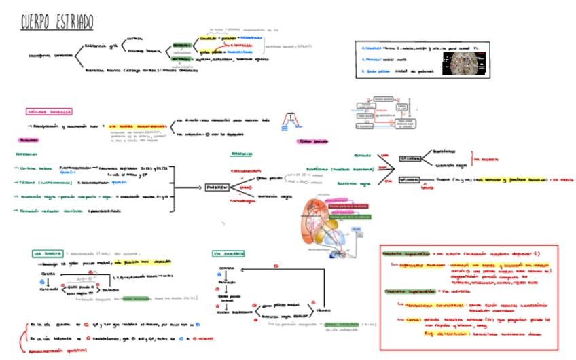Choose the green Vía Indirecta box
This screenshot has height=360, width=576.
tap(228, 253)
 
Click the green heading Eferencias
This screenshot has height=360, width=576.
tap(242, 154)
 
